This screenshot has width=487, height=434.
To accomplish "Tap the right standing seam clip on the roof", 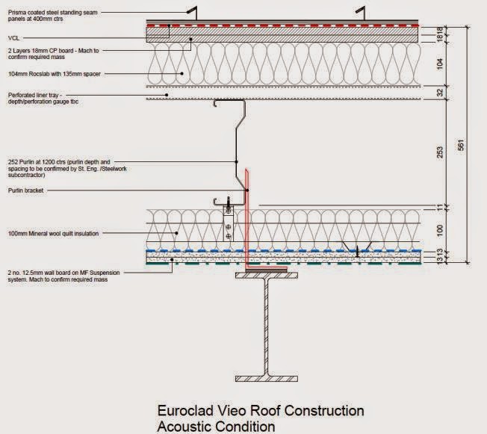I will tap(362, 13).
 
